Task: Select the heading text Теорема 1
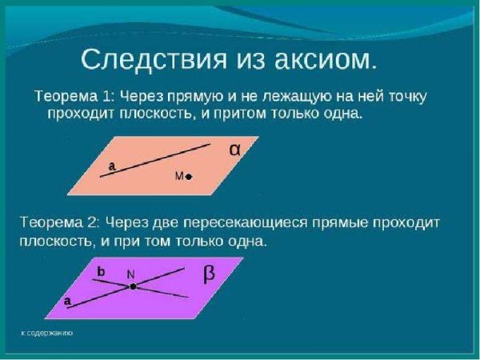(72, 96)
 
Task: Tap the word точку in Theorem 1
(403, 96)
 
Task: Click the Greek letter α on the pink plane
(234, 149)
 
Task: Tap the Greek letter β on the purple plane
(209, 274)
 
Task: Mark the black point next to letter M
(189, 176)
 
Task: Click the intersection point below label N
(132, 286)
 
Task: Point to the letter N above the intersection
(130, 274)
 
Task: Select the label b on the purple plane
(101, 272)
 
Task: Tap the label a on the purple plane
(67, 302)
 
